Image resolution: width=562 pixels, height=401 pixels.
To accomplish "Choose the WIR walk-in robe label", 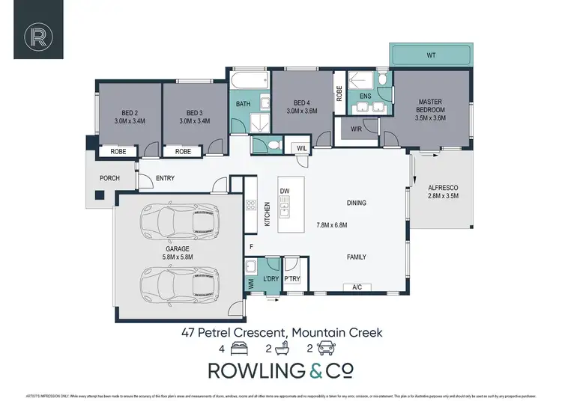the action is coord(356,129).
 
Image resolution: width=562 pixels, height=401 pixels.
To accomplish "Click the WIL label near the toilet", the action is coord(303,148).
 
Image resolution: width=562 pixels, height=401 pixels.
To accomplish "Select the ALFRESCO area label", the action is coord(441,187).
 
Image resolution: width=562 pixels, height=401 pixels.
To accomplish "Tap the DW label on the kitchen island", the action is coord(284,192).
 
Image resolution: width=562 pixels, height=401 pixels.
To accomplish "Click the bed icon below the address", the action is coord(239,349).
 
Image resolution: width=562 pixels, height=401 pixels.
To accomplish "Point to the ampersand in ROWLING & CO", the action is coord(315,370).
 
